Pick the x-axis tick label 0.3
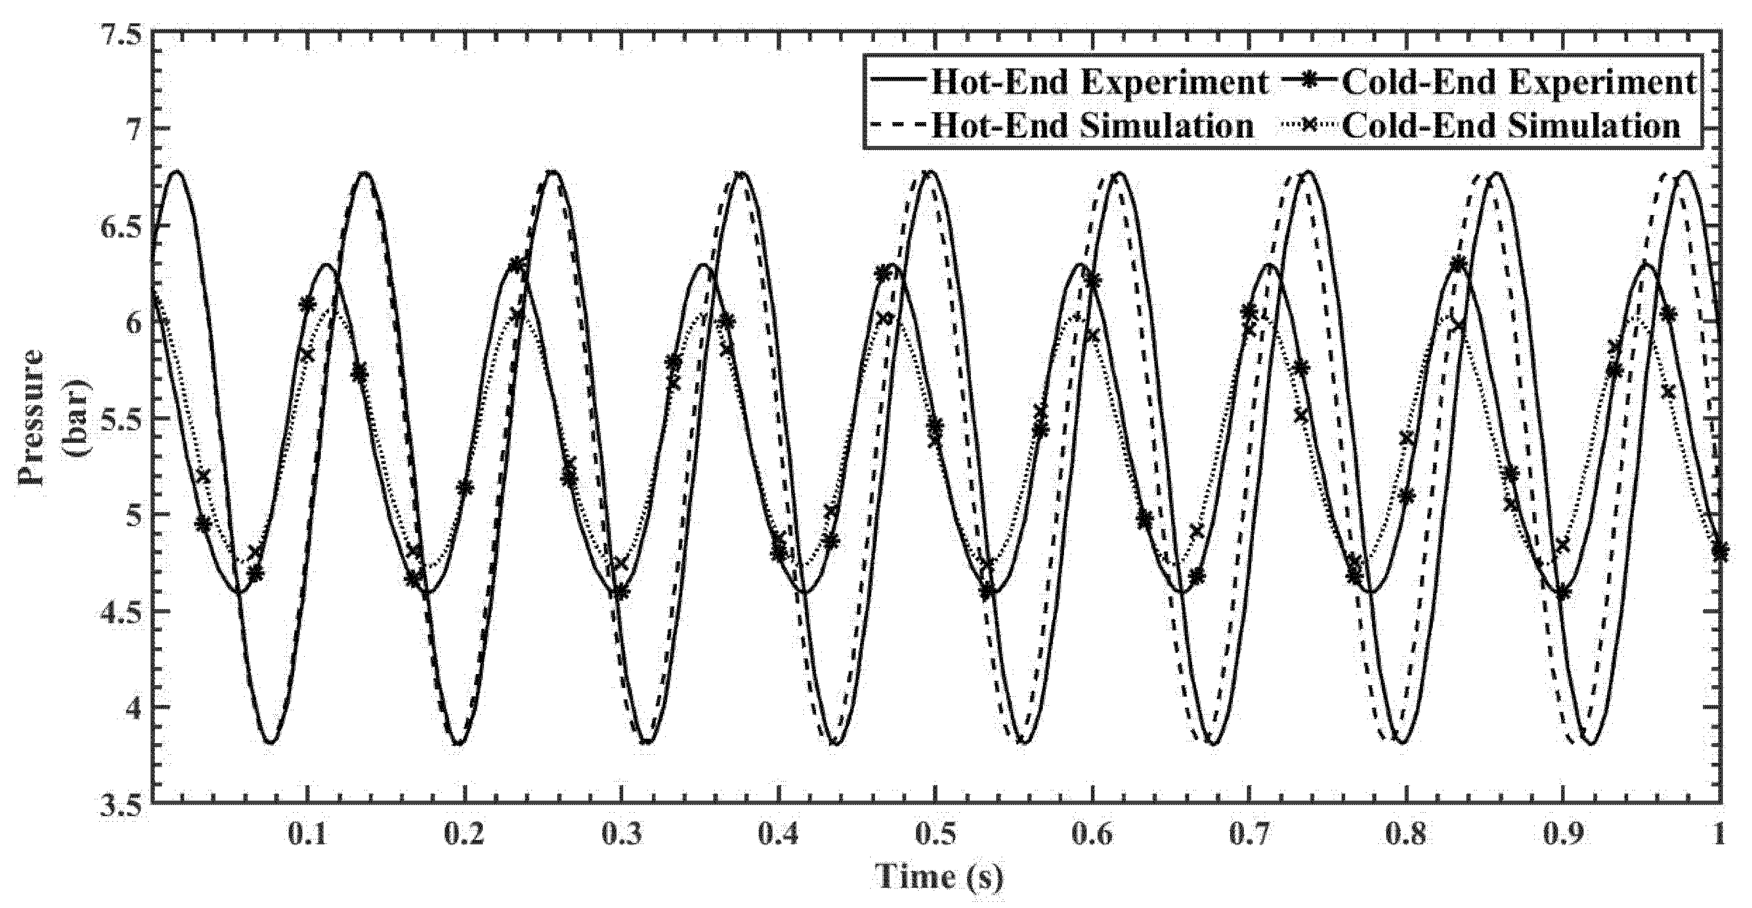[x=622, y=834]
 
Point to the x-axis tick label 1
[x=1719, y=834]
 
